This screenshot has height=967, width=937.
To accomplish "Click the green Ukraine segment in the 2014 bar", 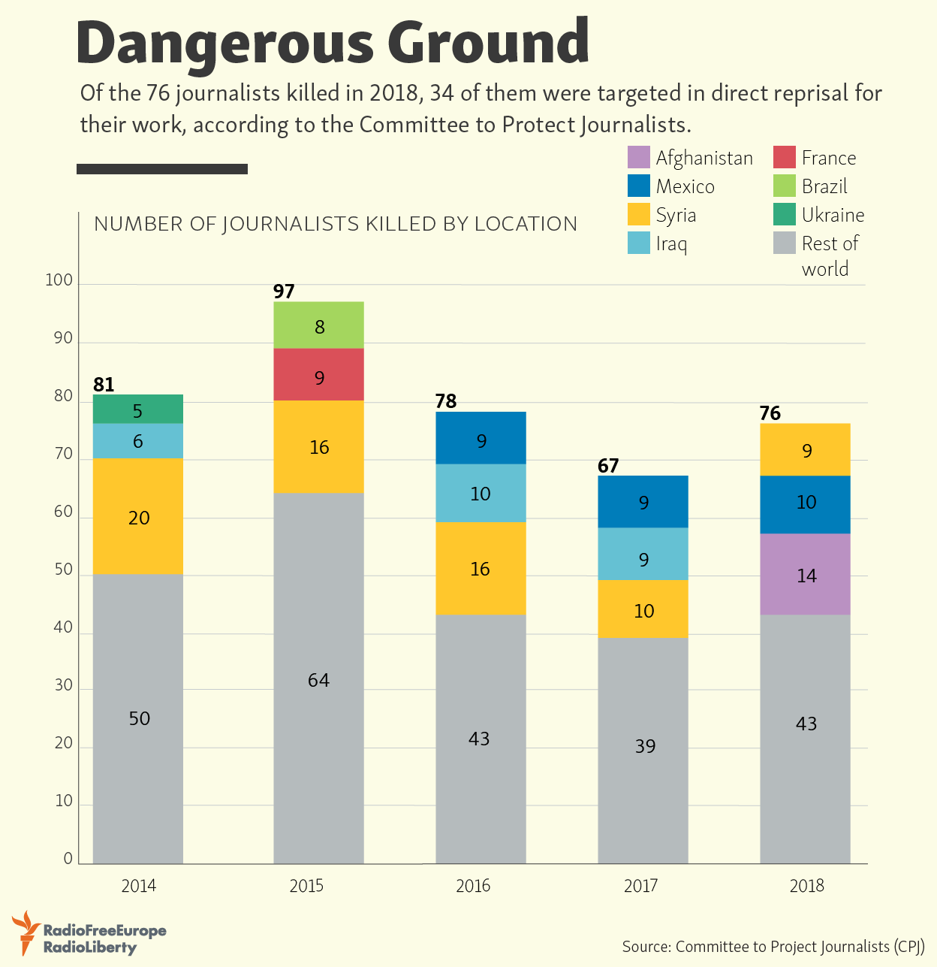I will click(138, 409).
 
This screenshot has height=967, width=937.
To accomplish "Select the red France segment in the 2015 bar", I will click(318, 374).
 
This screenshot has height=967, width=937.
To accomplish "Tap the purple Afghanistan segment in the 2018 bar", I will click(805, 574).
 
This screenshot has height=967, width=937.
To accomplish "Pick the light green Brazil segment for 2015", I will click(318, 325).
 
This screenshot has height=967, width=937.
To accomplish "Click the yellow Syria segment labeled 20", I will click(138, 516).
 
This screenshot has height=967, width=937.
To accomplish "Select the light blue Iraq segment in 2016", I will click(481, 493).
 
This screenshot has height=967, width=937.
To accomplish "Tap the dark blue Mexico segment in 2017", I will click(643, 501).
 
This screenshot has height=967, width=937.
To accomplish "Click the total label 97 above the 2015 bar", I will click(284, 292).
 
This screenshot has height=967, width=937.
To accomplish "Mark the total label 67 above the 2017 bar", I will click(608, 466).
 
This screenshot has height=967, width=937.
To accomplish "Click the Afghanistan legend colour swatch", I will click(638, 158).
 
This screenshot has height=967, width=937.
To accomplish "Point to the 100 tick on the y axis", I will click(59, 281).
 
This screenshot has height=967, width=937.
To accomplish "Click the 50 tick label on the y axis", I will click(63, 570).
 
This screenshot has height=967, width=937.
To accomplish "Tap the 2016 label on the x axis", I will click(473, 886).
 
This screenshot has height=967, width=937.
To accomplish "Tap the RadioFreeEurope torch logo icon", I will click(27, 932).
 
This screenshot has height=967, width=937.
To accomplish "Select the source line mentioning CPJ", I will click(773, 947).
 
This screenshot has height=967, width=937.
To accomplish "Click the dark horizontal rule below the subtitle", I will click(162, 169).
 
